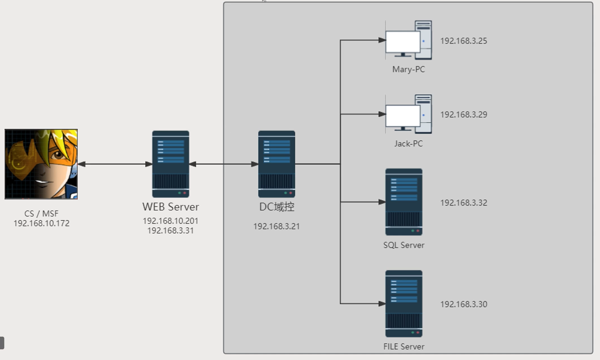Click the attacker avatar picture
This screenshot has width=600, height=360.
tap(41, 164)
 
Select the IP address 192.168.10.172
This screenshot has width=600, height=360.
tap(41, 223)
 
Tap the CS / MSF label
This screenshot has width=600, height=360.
tap(41, 213)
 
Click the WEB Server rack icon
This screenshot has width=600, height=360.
tap(170, 164)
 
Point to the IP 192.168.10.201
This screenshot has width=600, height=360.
tap(170, 221)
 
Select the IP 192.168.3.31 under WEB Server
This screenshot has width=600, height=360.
tap(170, 231)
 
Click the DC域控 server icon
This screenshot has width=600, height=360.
tap(276, 164)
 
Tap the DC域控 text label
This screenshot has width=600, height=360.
tap(276, 207)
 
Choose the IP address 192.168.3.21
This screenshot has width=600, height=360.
tap(276, 226)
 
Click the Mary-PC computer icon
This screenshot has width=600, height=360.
tap(408, 40)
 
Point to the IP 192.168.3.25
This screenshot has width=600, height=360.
tap(464, 41)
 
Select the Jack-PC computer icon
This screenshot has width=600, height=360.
tap(408, 114)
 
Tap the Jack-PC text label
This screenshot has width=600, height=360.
tap(408, 144)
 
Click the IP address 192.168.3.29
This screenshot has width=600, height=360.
tap(464, 115)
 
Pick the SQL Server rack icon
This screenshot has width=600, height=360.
tap(404, 202)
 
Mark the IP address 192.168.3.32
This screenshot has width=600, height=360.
tap(464, 203)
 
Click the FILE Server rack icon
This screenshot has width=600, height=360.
tap(404, 304)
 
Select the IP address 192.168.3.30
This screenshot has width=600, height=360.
tap(464, 304)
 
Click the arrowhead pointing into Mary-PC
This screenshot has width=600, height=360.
tap(382, 40)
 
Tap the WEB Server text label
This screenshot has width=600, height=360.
tap(170, 207)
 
